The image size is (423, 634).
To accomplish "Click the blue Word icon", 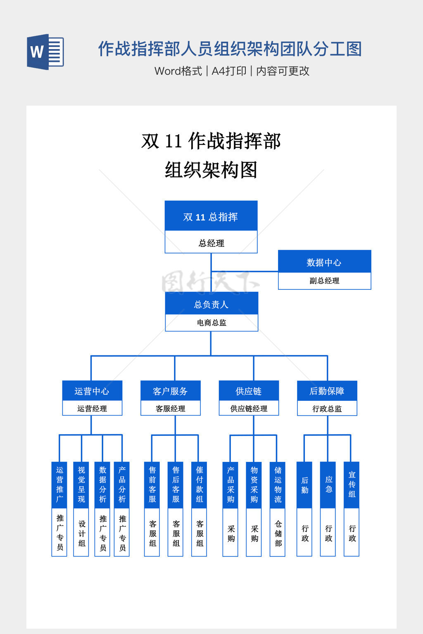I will (45, 52).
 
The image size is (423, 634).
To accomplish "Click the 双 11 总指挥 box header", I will (211, 216).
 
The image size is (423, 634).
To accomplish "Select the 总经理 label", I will (211, 243).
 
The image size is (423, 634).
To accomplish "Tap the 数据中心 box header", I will (324, 262).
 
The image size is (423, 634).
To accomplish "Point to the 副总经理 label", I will (324, 281).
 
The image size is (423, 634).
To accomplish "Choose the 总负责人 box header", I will (211, 304).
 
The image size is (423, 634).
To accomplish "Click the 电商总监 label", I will (211, 323).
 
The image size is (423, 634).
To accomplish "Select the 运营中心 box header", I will (92, 391).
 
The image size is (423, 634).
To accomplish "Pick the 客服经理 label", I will (170, 409).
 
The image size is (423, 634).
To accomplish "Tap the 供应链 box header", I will (249, 391).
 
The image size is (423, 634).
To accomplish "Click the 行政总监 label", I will (327, 409).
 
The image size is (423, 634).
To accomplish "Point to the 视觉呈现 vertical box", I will (81, 485).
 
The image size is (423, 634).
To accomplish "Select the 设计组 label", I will (82, 533).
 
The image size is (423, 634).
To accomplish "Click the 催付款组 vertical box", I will (200, 485).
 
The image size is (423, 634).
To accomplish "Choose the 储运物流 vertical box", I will (278, 485).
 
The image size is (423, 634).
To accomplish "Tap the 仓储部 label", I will (278, 533).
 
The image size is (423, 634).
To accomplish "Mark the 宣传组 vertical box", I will (352, 485).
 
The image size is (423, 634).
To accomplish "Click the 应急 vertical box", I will (328, 485).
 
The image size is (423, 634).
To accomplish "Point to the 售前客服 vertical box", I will (152, 485).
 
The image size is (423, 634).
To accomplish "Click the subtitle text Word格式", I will (178, 71).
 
